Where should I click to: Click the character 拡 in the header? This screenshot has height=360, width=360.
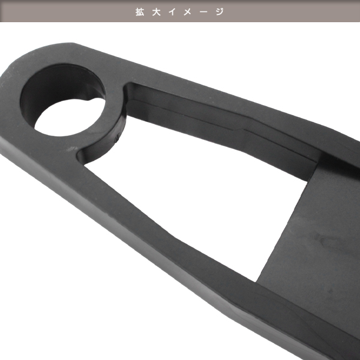tap(140, 12)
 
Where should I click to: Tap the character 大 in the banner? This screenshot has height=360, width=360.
tap(156, 12)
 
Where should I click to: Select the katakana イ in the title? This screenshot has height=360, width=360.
tap(172, 12)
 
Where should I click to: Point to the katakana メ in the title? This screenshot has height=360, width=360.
tap(187, 12)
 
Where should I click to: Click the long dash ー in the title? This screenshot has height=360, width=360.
tap(203, 12)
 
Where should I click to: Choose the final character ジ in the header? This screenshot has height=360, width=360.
tap(220, 12)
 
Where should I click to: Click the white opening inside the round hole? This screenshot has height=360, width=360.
tap(69, 117)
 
